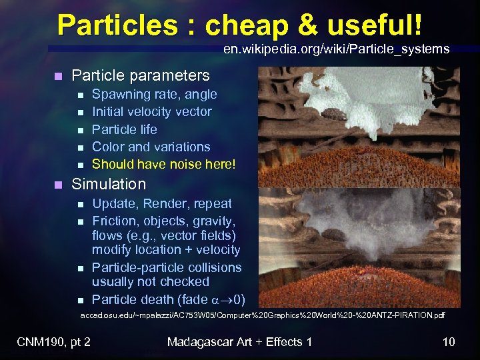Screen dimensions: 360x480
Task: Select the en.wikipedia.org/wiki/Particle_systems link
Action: tap(336, 49)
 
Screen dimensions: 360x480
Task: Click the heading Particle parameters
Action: tap(140, 76)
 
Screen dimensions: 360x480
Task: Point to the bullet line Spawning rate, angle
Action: tap(154, 95)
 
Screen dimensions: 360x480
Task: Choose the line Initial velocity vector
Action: tap(151, 112)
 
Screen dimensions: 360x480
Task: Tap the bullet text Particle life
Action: tap(125, 129)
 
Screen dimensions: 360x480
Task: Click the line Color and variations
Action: tap(151, 147)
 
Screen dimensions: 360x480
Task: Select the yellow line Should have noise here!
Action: tap(163, 164)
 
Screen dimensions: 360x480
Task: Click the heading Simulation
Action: tap(108, 184)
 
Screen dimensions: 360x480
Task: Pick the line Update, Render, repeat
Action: tap(162, 204)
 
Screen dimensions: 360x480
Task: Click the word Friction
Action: tap(114, 221)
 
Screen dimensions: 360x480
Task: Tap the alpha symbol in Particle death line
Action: tap(215, 299)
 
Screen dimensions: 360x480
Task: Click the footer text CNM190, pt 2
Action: tap(54, 342)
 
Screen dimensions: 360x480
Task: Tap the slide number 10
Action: tap(449, 342)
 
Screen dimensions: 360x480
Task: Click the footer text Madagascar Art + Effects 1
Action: tap(239, 342)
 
